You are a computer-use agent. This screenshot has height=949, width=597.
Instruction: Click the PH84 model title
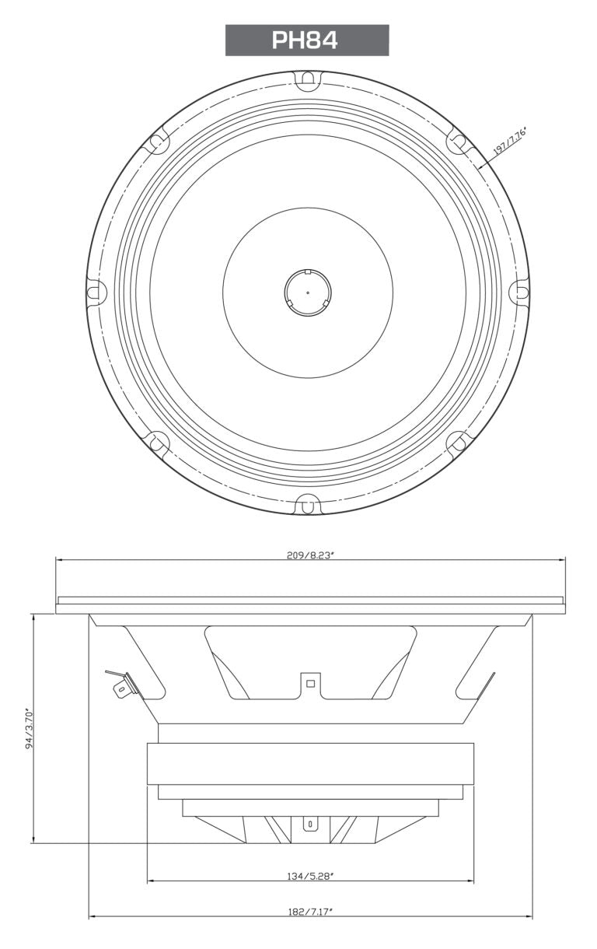coord(306,40)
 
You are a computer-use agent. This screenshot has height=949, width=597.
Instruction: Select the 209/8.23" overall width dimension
coord(310,555)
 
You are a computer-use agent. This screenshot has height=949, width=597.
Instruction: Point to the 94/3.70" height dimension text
coord(30,727)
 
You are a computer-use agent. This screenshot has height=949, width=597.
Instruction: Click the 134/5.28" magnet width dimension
coord(309,876)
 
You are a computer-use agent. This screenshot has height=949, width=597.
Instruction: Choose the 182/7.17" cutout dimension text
coord(309,911)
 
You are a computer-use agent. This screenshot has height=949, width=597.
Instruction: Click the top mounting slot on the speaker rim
coord(308,79)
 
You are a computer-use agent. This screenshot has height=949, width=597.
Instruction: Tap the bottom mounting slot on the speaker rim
coord(308,505)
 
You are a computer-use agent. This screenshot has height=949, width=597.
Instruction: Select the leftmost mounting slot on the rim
coord(96,292)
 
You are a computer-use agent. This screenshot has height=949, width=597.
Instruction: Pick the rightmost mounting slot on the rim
coord(519,292)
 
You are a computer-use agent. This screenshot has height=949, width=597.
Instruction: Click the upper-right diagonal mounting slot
coord(458,142)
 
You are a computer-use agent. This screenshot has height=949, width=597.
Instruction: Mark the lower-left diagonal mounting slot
coord(157,443)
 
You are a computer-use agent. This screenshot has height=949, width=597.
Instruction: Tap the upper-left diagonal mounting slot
coord(157,142)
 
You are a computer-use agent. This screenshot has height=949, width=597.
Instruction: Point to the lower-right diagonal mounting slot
coord(458,443)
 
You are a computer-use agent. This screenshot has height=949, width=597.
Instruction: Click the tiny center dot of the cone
coord(308,292)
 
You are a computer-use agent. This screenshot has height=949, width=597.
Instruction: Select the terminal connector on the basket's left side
coord(120,685)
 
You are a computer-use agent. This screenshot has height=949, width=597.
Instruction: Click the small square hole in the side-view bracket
coord(310,684)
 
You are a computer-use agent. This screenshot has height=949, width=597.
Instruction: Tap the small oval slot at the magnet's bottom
coord(310,823)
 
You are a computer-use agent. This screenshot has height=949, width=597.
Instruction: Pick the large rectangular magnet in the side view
coord(310,764)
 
